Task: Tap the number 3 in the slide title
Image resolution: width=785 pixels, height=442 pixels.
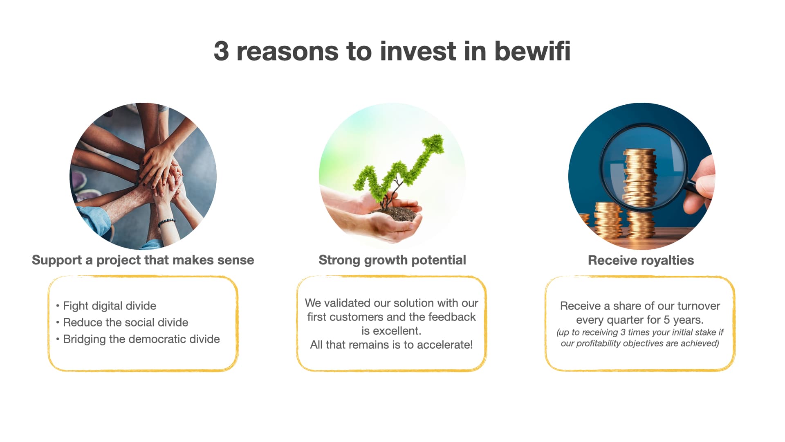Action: point(221,51)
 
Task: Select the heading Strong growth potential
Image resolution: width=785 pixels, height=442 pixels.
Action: point(392,260)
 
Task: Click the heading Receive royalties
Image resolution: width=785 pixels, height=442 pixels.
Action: point(641,260)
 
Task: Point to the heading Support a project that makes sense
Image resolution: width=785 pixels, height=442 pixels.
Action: point(143,260)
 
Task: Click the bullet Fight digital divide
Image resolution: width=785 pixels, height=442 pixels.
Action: point(109,306)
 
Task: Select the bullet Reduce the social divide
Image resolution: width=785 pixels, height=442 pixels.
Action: point(126,322)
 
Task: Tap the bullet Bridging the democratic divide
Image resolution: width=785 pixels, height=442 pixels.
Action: point(141,339)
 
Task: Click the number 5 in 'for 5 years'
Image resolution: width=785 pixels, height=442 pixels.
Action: point(666,320)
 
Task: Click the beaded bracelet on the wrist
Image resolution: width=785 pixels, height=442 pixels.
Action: point(167,222)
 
